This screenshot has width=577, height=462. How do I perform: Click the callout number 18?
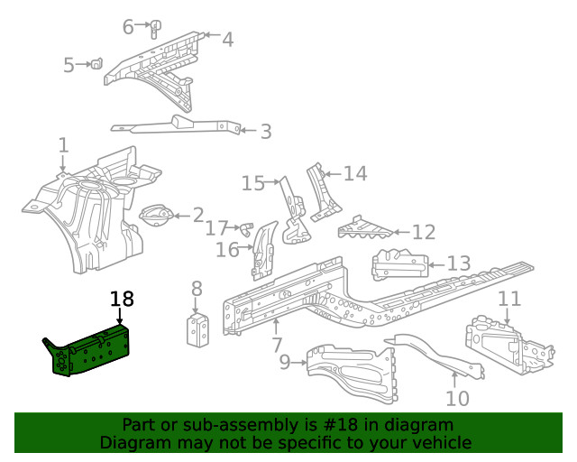pos(122,300)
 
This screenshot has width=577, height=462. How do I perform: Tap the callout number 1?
pos(63,145)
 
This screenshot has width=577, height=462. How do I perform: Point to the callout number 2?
pos(197,215)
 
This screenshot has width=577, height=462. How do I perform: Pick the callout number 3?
pos(265,132)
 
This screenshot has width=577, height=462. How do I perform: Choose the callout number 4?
pos(227,39)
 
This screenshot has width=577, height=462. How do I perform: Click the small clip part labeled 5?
pos(94,63)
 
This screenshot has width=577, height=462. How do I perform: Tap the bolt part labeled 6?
pos(155,26)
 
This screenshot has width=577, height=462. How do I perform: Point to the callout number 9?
pos(285,363)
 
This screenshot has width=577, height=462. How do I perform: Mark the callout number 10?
pos(458,397)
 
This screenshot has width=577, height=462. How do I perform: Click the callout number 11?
pos(509,300)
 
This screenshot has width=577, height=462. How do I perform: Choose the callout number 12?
pos(423,232)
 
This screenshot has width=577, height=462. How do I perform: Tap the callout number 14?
pos(355,173)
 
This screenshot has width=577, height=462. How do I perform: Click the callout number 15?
pos(254,184)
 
